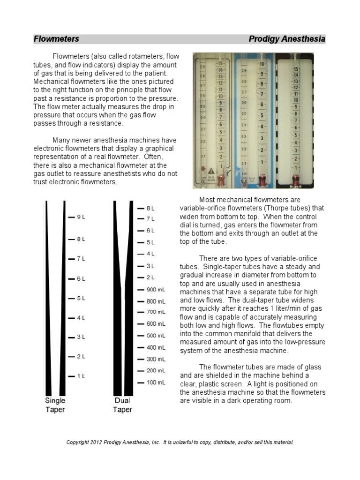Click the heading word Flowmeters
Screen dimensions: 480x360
tap(56, 39)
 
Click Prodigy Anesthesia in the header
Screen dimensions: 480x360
tap(287, 39)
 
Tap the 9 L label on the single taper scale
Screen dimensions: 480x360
tap(81, 217)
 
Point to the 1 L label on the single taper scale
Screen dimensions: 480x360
tap(81, 376)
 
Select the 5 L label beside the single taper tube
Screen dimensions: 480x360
tap(81, 298)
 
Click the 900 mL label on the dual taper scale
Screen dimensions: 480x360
tap(156, 290)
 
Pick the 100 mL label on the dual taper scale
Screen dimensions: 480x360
tap(156, 382)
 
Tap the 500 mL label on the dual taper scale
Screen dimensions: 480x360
tap(156, 336)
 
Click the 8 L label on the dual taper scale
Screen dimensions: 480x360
tap(150, 208)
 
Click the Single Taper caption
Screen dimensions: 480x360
tap(55, 405)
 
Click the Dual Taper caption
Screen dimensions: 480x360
tap(122, 405)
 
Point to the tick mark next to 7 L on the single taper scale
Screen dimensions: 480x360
tap(71, 259)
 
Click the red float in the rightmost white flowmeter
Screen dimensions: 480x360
tap(296, 180)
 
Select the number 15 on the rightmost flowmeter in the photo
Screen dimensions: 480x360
tap(296, 69)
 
